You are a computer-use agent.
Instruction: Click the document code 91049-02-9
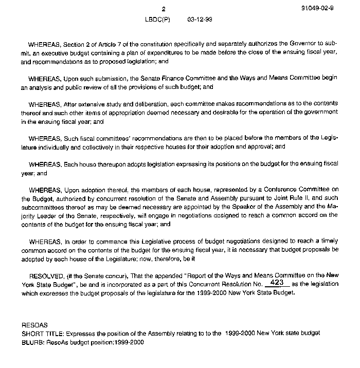(320, 9)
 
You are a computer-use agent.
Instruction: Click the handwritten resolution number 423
(277, 283)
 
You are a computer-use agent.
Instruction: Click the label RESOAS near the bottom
(34, 325)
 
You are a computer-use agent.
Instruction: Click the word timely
(329, 241)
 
